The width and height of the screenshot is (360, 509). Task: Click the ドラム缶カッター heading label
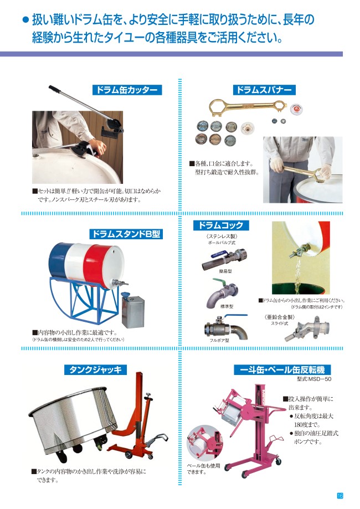127,90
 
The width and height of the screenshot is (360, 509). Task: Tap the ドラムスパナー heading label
264,90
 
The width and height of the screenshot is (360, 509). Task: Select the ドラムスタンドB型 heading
126,234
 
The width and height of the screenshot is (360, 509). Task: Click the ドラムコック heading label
221,225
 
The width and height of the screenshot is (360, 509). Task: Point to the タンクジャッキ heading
95,369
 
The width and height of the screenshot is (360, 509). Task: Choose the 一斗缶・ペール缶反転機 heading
282,370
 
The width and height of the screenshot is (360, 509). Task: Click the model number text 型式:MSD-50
314,379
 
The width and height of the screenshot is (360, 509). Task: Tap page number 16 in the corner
340,496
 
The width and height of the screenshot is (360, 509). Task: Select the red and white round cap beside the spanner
296,109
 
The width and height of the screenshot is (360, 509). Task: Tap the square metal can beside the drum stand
133,310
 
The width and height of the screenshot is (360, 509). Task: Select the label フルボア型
219,341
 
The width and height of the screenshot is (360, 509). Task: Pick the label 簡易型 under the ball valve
225,271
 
